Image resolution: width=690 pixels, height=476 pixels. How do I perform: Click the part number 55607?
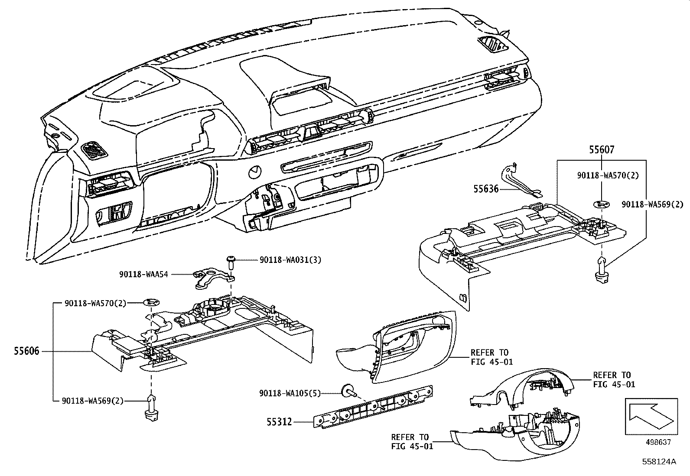[601, 150]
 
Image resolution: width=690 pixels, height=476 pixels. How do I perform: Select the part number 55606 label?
[26, 351]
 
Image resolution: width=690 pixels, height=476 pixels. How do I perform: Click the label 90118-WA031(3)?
[290, 260]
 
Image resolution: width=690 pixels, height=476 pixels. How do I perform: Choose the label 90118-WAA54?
[143, 274]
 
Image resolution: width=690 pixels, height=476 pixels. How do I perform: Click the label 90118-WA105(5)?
[290, 393]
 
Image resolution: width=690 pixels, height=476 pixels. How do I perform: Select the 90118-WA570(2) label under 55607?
[602, 175]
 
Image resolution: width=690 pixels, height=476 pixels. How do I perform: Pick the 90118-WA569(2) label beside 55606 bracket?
[94, 401]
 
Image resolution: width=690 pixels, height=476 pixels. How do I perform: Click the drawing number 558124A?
[659, 462]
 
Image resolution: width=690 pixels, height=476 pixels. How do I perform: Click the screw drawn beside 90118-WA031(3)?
[231, 261]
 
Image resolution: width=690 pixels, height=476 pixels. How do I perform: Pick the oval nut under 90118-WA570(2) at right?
[602, 204]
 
